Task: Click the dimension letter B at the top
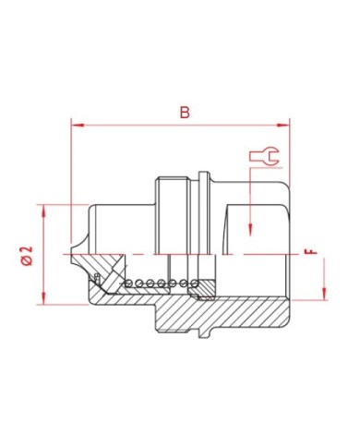click(185, 113)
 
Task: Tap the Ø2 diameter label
click(27, 256)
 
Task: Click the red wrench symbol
click(264, 156)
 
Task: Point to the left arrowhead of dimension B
click(78, 125)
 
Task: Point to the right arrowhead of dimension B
click(283, 125)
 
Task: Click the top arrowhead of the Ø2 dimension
click(43, 211)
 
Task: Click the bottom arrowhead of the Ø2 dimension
click(43, 298)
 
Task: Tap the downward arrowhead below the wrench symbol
click(250, 230)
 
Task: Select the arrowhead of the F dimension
click(324, 294)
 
